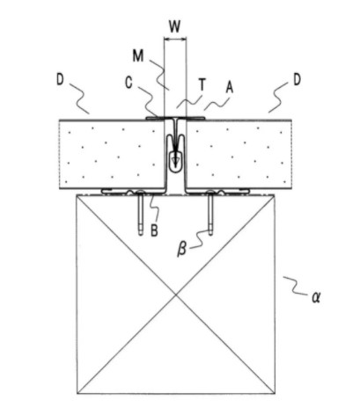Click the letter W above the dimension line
click(x=175, y=26)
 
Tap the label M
click(x=138, y=55)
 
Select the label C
click(x=129, y=83)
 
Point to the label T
click(x=202, y=85)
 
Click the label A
click(x=229, y=87)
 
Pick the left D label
click(x=60, y=80)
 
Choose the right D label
click(x=297, y=80)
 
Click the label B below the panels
click(x=154, y=230)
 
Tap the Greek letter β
click(x=182, y=250)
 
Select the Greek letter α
click(x=316, y=297)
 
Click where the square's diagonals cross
click(x=176, y=294)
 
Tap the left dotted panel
click(x=112, y=154)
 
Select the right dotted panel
click(x=239, y=154)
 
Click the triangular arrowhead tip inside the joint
click(x=175, y=164)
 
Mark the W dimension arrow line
click(x=175, y=39)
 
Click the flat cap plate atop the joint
click(x=175, y=118)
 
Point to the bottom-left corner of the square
click(x=77, y=394)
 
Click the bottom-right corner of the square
click(x=275, y=394)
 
